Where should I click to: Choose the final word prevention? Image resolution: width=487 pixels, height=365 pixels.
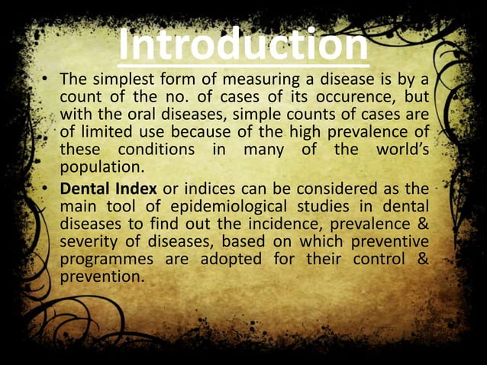101,276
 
